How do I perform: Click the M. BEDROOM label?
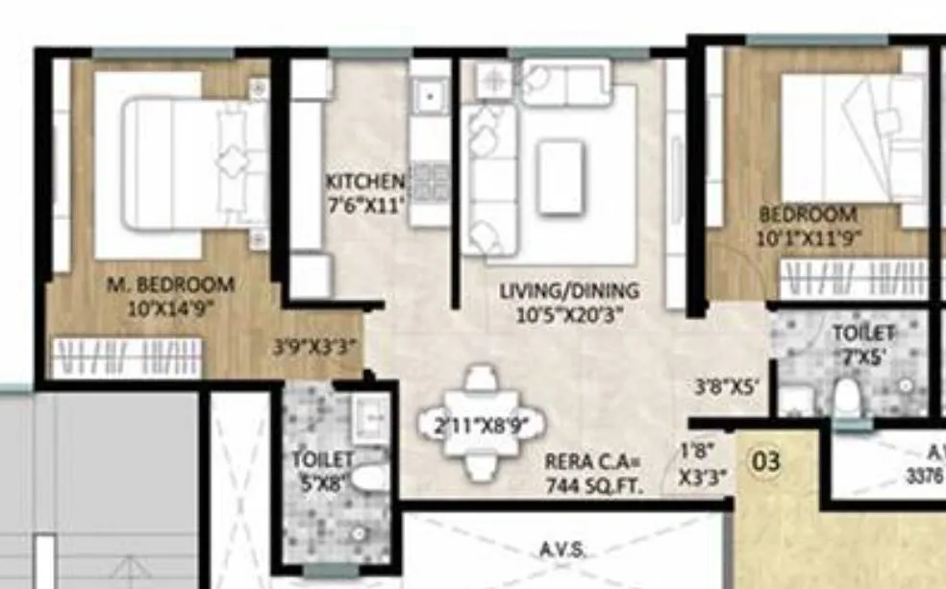pos(170,285)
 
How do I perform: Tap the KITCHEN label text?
pos(364,182)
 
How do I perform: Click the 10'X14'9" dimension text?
pos(169,308)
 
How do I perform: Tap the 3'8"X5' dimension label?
pos(728,388)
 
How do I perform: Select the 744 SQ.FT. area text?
pos(591,485)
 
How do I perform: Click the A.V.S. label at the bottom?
pos(563,550)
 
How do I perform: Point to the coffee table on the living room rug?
pos(560,176)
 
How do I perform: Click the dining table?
pos(480,424)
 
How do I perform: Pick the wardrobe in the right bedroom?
pos(852,280)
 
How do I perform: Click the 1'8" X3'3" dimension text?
pos(703,462)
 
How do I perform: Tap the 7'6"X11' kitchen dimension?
pos(364,204)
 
